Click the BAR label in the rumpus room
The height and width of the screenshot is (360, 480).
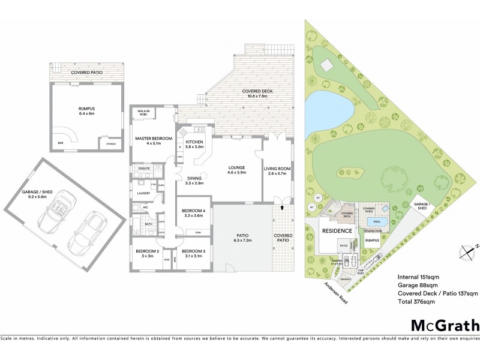(x=60, y=143)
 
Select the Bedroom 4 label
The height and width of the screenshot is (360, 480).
(x=193, y=213)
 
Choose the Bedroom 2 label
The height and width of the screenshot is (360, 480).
(x=146, y=253)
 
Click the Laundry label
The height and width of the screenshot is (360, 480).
(x=143, y=193)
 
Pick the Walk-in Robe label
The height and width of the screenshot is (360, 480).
(x=143, y=112)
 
